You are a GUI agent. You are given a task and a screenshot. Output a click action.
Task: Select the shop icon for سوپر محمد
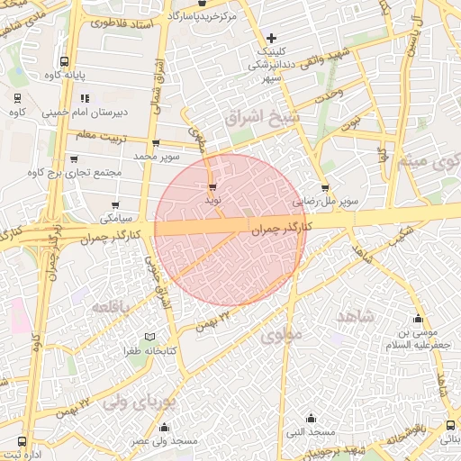click(x=158, y=143)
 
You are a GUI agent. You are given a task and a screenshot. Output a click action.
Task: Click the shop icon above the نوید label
click(x=212, y=187)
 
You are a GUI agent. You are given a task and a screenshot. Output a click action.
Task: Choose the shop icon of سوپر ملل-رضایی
click(x=325, y=188)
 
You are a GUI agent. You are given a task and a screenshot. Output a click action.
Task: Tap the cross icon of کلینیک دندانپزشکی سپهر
click(x=271, y=38)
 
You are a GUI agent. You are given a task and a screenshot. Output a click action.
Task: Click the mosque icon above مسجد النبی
click(x=312, y=418)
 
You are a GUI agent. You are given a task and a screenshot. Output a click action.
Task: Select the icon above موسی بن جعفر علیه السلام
click(x=418, y=319)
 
